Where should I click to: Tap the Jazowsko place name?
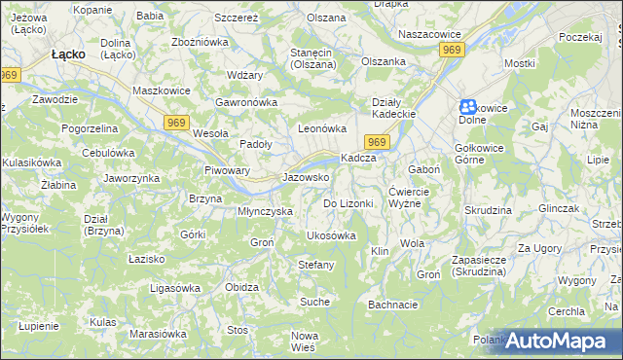[305, 178]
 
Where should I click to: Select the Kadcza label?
[357, 159]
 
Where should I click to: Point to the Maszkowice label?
[160, 91]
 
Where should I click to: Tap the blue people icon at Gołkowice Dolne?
[468, 107]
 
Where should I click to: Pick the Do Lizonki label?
[348, 203]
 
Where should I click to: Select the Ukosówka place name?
[331, 235]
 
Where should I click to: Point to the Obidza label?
[241, 288]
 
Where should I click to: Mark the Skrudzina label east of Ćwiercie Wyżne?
[488, 210]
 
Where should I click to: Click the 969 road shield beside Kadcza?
[380, 143]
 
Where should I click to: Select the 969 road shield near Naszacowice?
[450, 49]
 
